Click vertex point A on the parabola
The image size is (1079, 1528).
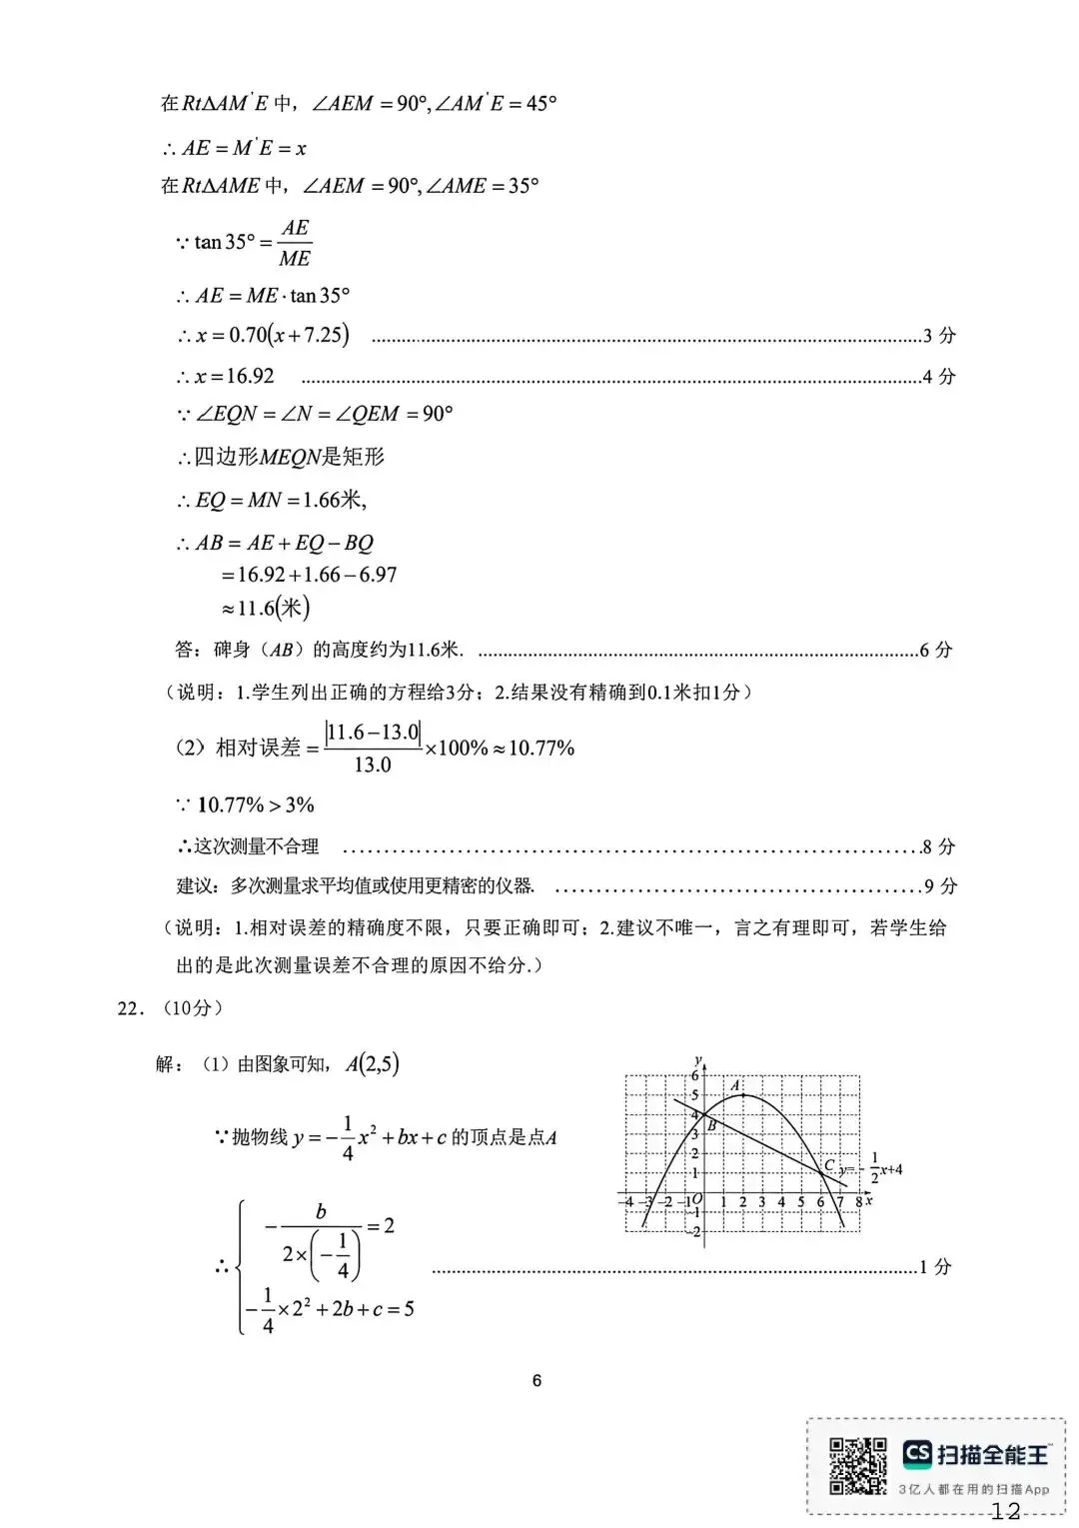[742, 1095]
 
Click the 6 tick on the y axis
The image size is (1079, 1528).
[695, 1076]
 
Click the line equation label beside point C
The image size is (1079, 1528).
[871, 1168]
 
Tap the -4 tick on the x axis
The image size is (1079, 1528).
[626, 1201]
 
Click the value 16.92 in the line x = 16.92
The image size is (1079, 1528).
[250, 377]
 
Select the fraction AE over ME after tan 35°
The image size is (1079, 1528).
[295, 243]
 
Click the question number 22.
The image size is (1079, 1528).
[131, 1008]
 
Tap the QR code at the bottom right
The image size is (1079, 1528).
[857, 1466]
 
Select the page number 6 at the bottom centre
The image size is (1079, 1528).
[538, 1381]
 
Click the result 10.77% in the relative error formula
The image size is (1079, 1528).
[541, 749]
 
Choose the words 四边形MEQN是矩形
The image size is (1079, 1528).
[289, 458]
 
